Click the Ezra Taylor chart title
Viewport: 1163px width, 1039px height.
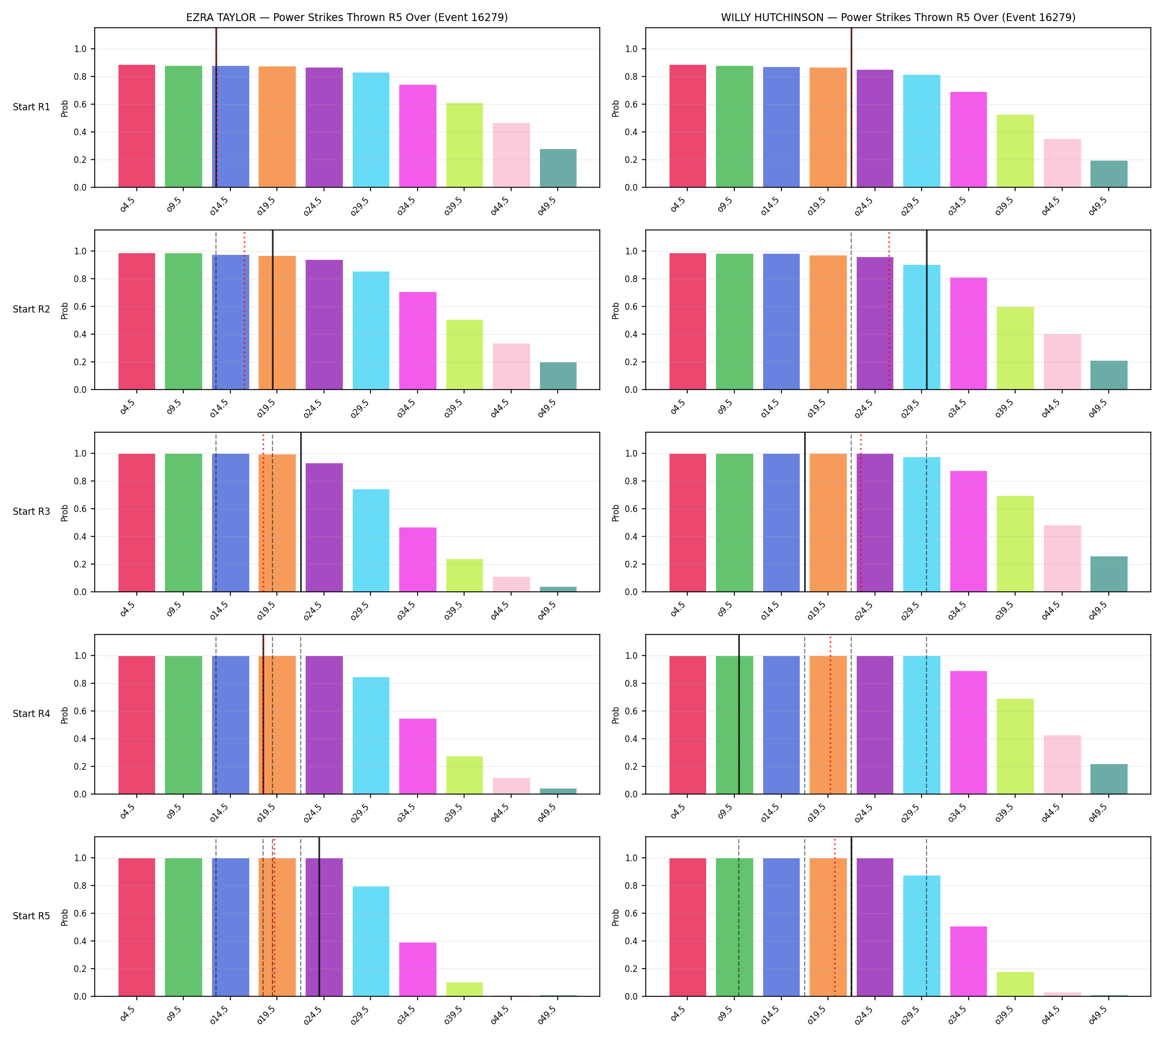pyautogui.click(x=347, y=17)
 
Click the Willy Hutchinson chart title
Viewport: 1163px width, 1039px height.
pyautogui.click(x=898, y=17)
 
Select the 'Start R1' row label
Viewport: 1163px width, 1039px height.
pyautogui.click(x=32, y=107)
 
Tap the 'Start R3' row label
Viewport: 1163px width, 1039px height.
pyautogui.click(x=32, y=511)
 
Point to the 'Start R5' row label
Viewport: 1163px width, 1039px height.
pyautogui.click(x=32, y=915)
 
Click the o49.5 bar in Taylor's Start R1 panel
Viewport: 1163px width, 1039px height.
pyautogui.click(x=558, y=168)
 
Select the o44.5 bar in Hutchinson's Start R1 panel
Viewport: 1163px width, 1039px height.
pyautogui.click(x=1063, y=163)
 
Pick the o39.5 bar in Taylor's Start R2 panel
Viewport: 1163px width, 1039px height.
pyautogui.click(x=465, y=355)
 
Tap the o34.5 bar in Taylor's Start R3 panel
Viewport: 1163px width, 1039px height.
pyautogui.click(x=418, y=560)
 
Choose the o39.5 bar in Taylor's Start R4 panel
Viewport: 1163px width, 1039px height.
pyautogui.click(x=465, y=775)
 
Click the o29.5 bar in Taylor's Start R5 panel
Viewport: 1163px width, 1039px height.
pyautogui.click(x=371, y=941)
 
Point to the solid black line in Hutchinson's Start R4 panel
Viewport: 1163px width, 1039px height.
pyautogui.click(x=739, y=714)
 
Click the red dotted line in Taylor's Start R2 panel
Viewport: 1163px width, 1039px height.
pyautogui.click(x=245, y=310)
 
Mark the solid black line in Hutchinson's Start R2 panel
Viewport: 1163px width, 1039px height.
pyautogui.click(x=927, y=310)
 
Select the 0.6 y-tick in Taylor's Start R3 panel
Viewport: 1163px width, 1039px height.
pyautogui.click(x=80, y=509)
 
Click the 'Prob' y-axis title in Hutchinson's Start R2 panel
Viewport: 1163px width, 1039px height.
pyautogui.click(x=616, y=310)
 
